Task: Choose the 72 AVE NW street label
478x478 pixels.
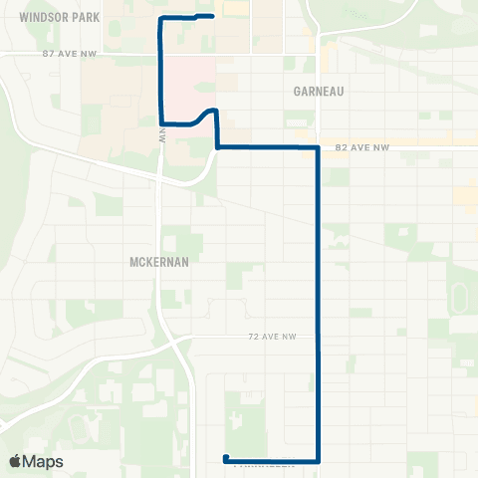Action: click(273, 339)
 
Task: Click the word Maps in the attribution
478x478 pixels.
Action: click(44, 461)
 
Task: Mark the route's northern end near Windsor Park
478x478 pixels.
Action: click(213, 16)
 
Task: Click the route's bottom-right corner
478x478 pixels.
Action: click(318, 461)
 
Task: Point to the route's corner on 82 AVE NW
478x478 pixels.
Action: click(318, 147)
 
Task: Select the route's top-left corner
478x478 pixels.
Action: click(160, 20)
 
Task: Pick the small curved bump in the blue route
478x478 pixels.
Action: click(209, 112)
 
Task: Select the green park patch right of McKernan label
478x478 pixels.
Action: click(180, 241)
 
